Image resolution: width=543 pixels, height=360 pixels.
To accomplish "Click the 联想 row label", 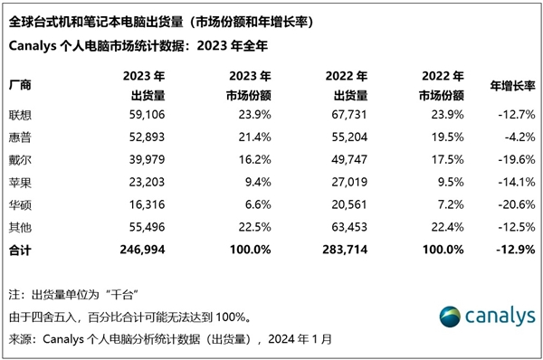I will point(20,115).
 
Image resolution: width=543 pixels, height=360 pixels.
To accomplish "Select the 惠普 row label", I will point(20,136).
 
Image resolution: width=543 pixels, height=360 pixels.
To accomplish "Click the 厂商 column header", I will point(20,84).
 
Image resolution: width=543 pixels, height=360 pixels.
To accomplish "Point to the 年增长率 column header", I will point(510,84).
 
